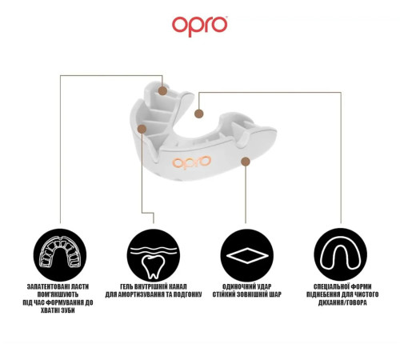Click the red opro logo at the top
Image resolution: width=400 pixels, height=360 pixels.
(200, 26)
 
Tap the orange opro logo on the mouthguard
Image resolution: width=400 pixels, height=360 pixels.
(192, 162)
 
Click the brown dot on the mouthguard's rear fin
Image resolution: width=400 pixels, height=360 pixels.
(162, 91)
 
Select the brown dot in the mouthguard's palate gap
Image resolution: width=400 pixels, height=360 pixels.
(198, 114)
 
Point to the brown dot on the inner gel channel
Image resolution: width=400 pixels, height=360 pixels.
(142, 129)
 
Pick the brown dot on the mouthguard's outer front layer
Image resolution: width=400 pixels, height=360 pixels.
(246, 162)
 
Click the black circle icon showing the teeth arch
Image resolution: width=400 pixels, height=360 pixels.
(60, 255)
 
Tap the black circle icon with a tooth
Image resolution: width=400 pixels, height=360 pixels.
(154, 255)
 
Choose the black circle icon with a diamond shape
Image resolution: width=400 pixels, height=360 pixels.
(247, 255)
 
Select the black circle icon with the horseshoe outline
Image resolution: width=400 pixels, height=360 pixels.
(340, 254)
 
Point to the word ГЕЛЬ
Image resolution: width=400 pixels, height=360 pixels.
(126, 286)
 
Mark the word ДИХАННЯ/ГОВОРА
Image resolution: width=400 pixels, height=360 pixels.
(342, 302)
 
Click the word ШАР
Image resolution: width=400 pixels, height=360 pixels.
(276, 294)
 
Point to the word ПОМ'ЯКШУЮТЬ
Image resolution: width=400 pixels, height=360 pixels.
(58, 294)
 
